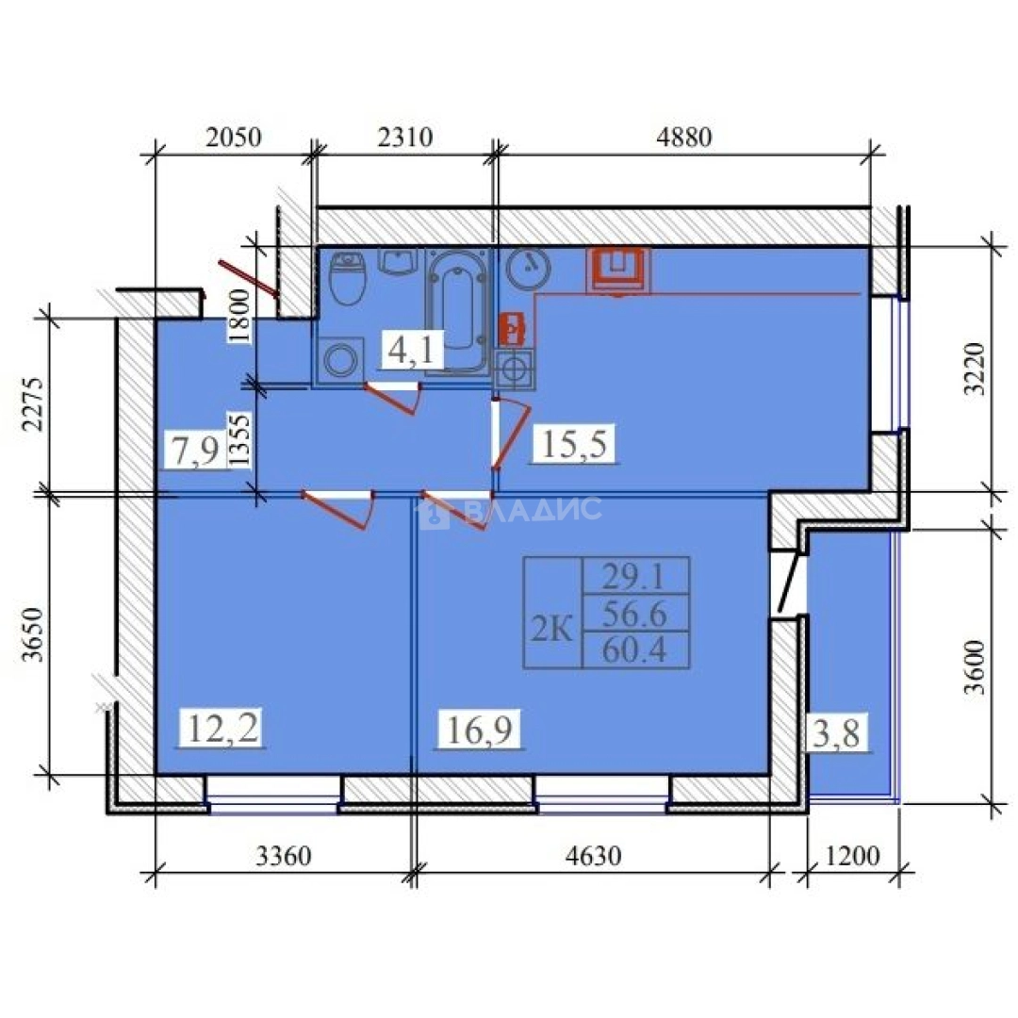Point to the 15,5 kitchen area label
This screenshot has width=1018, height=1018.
(x=574, y=443)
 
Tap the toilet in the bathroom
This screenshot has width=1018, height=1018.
(x=348, y=276)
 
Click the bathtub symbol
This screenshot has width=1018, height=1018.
(x=458, y=308)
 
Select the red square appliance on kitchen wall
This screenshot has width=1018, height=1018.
(x=618, y=270)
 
